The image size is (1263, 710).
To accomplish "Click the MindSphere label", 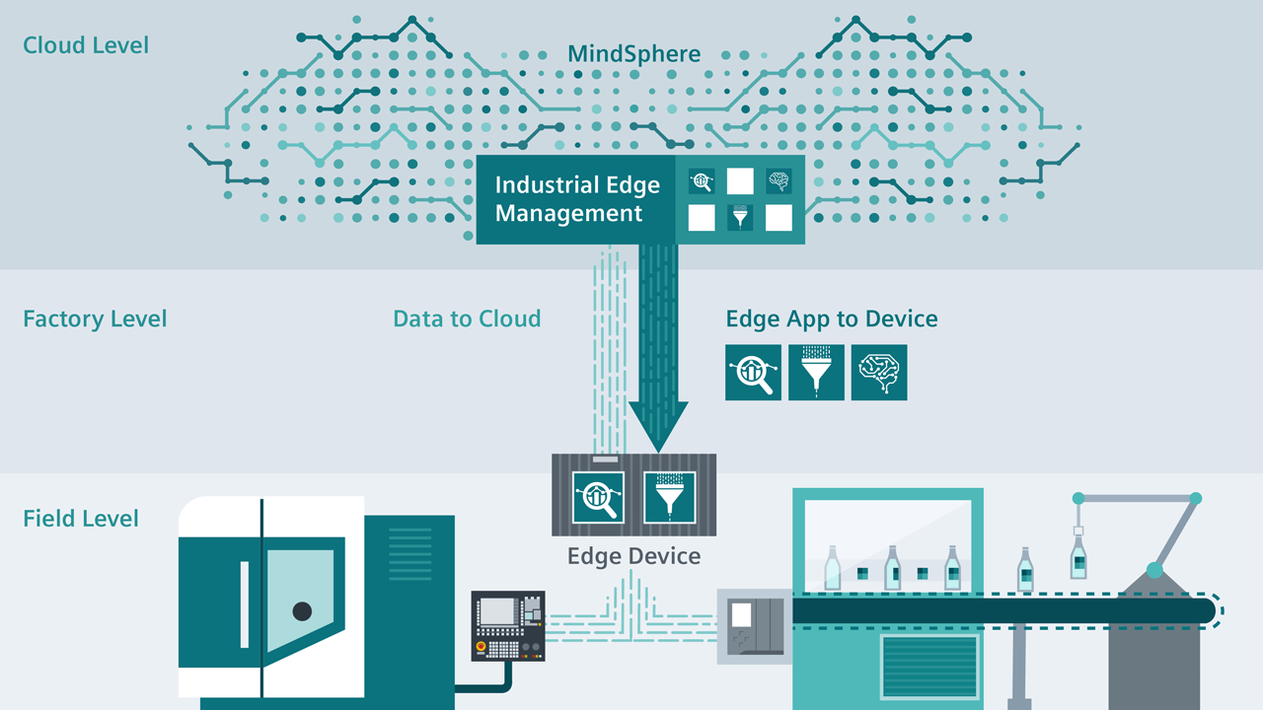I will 633,53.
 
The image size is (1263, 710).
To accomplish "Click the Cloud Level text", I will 86,45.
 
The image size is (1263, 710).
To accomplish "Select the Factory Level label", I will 95,319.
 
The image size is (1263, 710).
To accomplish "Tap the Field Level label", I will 81,519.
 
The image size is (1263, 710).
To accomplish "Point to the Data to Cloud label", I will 467,319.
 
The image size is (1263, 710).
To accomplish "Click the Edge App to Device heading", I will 831,319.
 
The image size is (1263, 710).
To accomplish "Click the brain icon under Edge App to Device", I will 878,372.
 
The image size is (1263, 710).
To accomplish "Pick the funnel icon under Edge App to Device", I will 816,372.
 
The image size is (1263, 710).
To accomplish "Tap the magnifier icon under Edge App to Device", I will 753,372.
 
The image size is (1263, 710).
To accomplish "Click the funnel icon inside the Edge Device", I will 670,496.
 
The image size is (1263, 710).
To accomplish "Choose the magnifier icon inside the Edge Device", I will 599,496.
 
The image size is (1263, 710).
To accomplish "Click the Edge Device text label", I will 633,556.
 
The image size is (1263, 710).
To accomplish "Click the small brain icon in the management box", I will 779,180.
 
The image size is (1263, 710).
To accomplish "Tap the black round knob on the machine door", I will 302,610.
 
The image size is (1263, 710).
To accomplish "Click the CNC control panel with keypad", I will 508,625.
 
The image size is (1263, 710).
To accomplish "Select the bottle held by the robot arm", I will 1078,558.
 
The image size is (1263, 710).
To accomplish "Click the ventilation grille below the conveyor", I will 930,665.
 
